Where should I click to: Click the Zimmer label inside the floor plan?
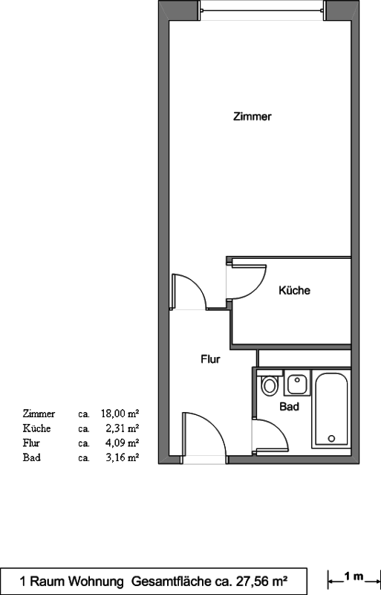click(x=252, y=116)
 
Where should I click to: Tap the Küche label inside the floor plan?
click(x=294, y=290)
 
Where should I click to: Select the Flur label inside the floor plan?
click(x=210, y=359)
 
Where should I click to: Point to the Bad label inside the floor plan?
click(x=289, y=406)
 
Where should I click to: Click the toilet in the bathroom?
click(x=270, y=383)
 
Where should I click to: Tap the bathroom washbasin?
click(x=297, y=383)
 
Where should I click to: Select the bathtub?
click(x=331, y=408)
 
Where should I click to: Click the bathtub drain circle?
click(x=331, y=438)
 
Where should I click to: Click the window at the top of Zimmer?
click(x=261, y=10)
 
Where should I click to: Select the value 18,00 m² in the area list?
click(x=120, y=414)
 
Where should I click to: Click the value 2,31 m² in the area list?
click(x=122, y=428)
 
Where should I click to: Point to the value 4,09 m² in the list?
click(x=122, y=443)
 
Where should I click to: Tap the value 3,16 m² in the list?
click(x=122, y=457)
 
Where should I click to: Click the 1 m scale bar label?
click(x=354, y=577)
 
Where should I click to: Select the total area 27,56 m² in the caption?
click(x=262, y=581)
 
